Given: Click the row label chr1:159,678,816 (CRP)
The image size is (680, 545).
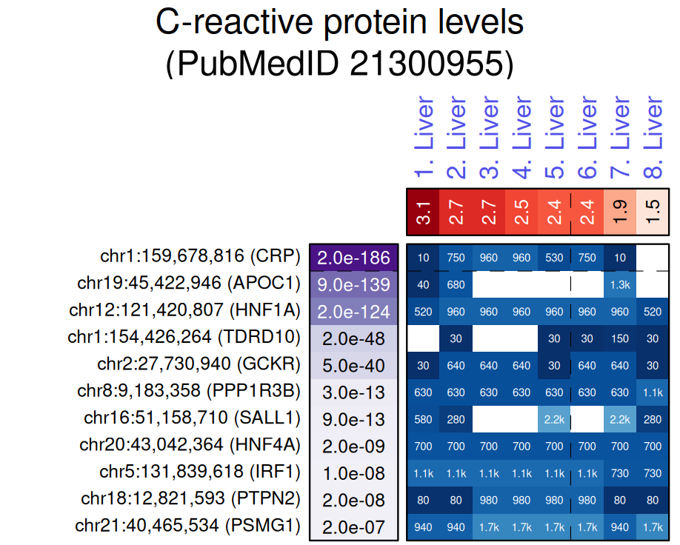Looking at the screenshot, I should (200, 257).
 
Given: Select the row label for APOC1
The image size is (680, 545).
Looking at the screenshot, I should (189, 284).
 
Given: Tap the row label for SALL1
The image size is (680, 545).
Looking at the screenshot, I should (193, 419).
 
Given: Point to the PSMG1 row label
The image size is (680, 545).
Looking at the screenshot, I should (188, 526).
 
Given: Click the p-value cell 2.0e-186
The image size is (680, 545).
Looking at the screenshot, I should (353, 258).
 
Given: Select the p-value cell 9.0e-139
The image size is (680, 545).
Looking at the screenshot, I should (353, 284).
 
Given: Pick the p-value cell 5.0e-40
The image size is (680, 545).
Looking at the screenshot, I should (353, 365).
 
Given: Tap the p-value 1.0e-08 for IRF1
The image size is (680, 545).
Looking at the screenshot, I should (353, 473).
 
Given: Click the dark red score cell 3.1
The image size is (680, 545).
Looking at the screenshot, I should (423, 213).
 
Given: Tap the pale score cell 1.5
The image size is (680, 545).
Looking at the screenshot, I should (653, 213).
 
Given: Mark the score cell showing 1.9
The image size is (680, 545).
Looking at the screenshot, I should (620, 213).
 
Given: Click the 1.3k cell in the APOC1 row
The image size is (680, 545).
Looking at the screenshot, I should (620, 284).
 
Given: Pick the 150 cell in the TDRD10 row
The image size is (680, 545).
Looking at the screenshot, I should (620, 338).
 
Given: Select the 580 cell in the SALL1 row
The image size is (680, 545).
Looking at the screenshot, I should (423, 419).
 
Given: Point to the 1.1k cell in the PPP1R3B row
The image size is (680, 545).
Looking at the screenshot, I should (653, 392).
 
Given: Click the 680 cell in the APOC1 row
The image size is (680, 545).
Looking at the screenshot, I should (456, 284).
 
